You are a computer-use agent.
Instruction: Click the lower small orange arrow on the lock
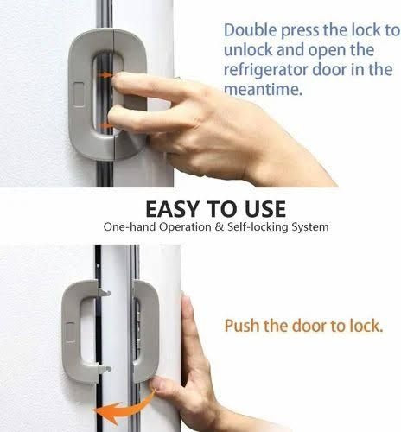tap(105, 126)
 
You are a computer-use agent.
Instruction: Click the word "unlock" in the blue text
tap(246, 50)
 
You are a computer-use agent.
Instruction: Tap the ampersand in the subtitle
tap(199, 227)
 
